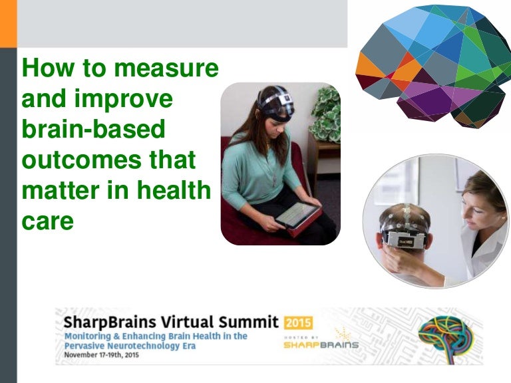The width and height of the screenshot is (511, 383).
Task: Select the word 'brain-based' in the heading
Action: pyautogui.click(x=94, y=129)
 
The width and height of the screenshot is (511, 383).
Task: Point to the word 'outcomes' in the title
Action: pyautogui.click(x=81, y=160)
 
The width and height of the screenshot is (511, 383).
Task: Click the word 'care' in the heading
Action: pyautogui.click(x=48, y=221)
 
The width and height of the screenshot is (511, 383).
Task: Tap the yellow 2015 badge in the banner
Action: pyautogui.click(x=298, y=322)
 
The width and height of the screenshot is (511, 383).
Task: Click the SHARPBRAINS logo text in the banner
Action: pyautogui.click(x=321, y=345)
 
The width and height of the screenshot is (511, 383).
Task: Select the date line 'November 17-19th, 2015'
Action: pyautogui.click(x=102, y=354)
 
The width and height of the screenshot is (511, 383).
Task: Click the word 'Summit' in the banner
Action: pyautogui.click(x=249, y=322)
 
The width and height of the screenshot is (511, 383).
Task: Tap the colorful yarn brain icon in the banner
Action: pyautogui.click(x=446, y=336)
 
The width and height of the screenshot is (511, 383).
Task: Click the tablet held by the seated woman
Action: pyautogui.click(x=297, y=217)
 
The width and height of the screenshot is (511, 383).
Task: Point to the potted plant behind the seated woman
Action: pyautogui.click(x=326, y=114)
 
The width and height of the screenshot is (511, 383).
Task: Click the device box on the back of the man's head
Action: pyautogui.click(x=406, y=241)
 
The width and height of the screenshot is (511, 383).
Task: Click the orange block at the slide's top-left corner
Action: pyautogui.click(x=9, y=23)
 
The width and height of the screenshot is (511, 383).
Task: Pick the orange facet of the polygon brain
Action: pyautogui.click(x=368, y=66)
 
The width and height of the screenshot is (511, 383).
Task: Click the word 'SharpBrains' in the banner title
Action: pyautogui.click(x=110, y=322)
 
